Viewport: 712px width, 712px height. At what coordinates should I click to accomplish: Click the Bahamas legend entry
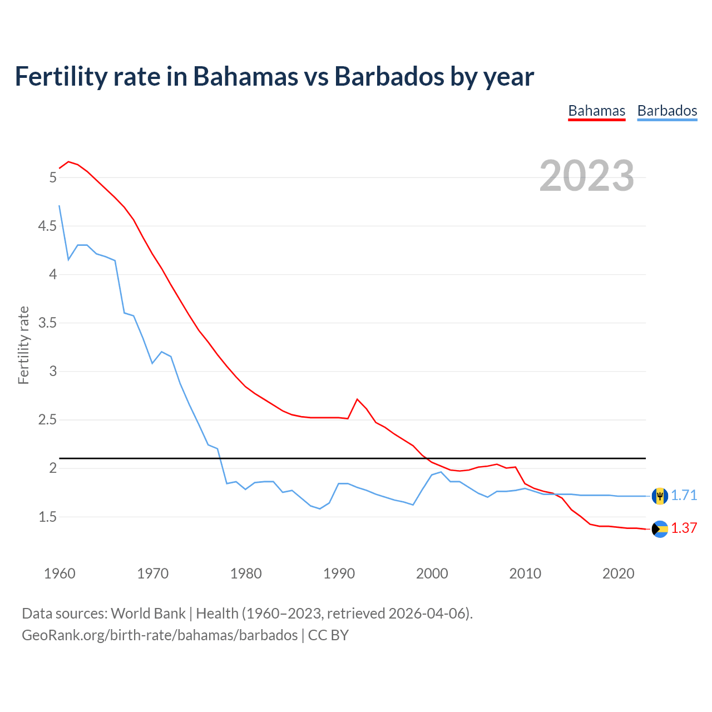596,111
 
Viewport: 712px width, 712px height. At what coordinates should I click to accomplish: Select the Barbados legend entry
667,111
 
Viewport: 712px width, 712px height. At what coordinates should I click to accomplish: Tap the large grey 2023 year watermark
587,176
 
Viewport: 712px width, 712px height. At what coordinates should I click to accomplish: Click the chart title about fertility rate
274,76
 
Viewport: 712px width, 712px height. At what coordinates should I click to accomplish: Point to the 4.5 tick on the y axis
47,226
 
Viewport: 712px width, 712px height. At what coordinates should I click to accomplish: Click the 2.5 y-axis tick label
47,419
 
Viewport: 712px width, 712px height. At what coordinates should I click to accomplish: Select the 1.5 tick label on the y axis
47,517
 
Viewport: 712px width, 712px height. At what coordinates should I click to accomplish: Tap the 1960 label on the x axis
60,573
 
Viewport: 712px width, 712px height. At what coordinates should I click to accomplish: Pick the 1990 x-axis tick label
339,573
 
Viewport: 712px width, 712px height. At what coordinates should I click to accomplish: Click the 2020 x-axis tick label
618,573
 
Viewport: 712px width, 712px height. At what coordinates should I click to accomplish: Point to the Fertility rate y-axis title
23,345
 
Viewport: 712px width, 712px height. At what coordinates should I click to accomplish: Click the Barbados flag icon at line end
660,496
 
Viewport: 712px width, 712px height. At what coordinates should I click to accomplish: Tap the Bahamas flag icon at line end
660,529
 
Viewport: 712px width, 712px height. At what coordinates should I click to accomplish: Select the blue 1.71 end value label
684,495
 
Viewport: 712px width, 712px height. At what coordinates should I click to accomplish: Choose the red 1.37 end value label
684,528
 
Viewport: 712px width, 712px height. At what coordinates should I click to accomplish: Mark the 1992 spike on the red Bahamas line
357,399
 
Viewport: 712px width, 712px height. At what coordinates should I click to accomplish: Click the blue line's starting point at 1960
60,206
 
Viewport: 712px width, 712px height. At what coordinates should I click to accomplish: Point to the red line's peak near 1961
68,162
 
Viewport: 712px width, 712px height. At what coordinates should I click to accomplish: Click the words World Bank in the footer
148,614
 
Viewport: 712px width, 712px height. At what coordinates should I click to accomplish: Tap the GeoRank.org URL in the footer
160,635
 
